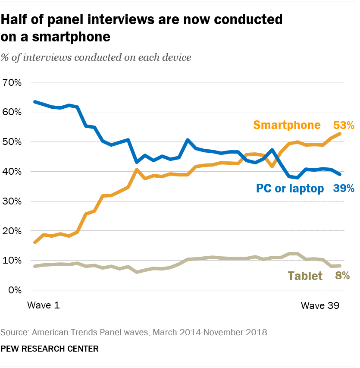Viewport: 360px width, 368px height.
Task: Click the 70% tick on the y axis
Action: (12, 82)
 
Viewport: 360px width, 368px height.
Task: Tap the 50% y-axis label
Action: (12, 142)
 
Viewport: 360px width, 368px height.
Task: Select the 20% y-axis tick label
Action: (12, 231)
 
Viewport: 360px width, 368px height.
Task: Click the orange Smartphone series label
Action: (287, 125)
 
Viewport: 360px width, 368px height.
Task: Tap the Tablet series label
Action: (305, 276)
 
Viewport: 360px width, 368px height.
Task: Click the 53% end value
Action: (344, 126)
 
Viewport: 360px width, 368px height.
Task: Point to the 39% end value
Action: (344, 188)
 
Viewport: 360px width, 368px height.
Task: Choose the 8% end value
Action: (342, 276)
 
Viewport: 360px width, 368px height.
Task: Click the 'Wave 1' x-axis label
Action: (43, 305)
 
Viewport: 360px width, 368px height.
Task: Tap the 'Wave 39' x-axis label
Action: (320, 305)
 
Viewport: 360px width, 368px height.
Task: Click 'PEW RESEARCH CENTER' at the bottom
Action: (50, 349)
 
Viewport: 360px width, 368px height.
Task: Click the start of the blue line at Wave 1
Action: (35, 102)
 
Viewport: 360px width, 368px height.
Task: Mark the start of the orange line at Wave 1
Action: (35, 242)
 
